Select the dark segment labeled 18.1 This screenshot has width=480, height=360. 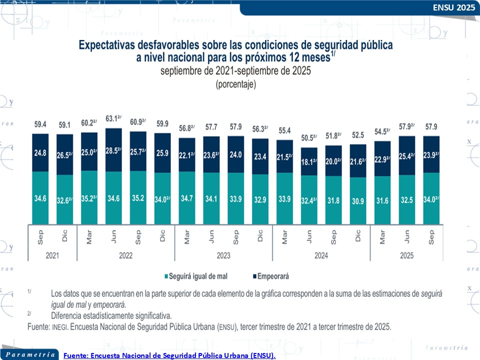(x=309, y=161)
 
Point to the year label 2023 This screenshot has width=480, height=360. (x=223, y=255)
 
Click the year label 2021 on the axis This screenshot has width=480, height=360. (x=52, y=255)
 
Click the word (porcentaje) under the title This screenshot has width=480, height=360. (x=235, y=84)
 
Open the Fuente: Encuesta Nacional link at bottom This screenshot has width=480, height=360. (x=169, y=355)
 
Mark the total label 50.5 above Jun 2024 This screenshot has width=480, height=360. (x=309, y=138)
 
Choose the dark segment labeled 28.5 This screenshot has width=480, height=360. (x=114, y=150)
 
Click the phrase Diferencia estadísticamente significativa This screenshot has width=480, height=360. (x=111, y=315)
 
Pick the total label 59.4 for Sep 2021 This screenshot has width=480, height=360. (x=40, y=124)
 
